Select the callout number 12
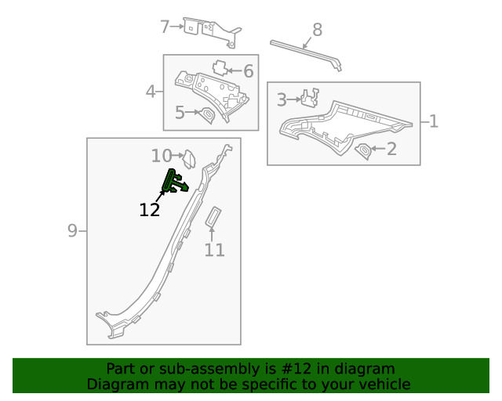[x=150, y=210]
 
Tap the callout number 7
[x=165, y=27]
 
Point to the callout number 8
[x=317, y=30]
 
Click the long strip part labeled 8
[x=306, y=52]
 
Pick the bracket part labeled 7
[x=212, y=32]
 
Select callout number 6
[x=249, y=71]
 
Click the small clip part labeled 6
[x=220, y=67]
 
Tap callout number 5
[x=180, y=113]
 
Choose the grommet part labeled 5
[x=207, y=115]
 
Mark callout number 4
[x=151, y=92]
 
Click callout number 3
[x=282, y=99]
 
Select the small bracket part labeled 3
[x=310, y=97]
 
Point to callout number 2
[x=391, y=149]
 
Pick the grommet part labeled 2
[x=364, y=151]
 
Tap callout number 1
[x=434, y=121]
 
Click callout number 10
[x=162, y=156]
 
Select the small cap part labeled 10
[x=189, y=159]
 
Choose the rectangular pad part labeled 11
[x=213, y=217]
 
